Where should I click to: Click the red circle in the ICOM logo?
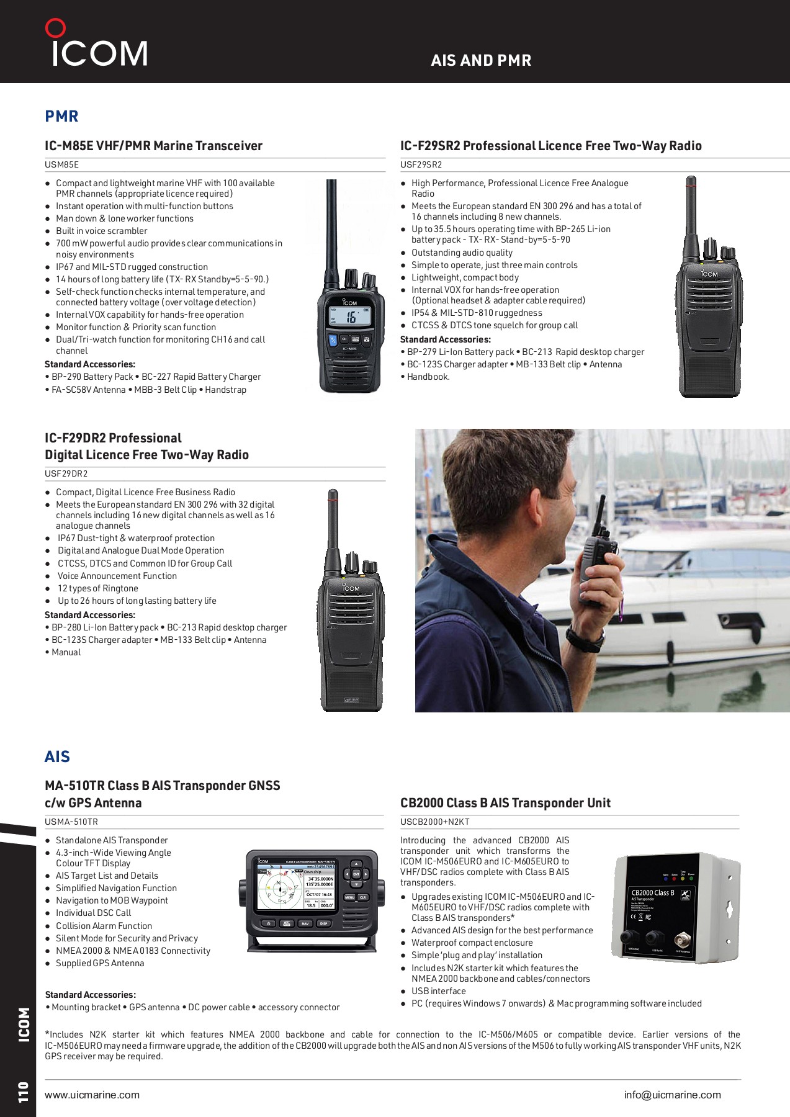point(55,29)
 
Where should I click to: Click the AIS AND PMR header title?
point(481,60)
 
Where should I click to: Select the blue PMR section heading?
point(61,116)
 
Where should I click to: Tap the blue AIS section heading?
point(57,756)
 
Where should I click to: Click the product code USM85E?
point(61,165)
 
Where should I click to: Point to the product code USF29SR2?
point(421,165)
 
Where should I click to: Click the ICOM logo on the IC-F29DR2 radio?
point(351,588)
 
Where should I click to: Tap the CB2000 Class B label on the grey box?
point(653,893)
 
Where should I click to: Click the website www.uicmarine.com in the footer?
point(92,1095)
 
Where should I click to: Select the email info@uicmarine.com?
point(672,1095)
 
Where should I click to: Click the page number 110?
point(24,1092)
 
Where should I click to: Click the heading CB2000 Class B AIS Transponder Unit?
point(505,803)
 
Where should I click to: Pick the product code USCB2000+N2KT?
point(434,822)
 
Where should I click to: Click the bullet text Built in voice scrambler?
point(101,231)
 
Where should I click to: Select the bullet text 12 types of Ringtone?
point(97,588)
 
